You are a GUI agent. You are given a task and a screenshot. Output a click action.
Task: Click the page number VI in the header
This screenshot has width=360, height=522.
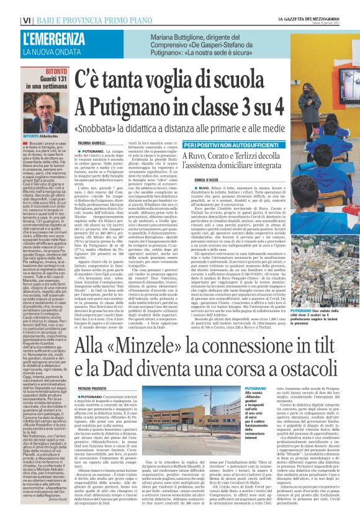tap(9, 6)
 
